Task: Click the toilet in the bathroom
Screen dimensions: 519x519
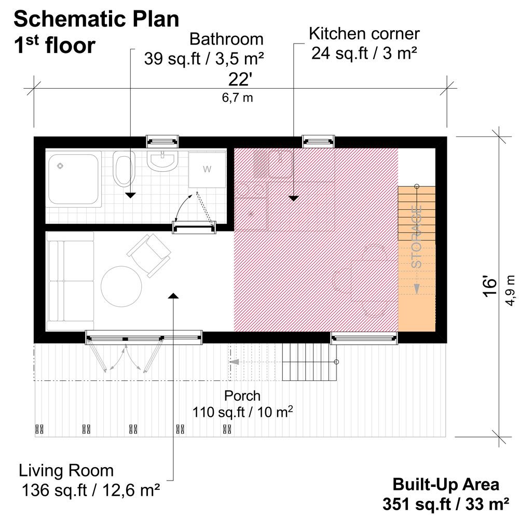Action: pyautogui.click(x=123, y=168)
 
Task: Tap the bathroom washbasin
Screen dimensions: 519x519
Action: pyautogui.click(x=162, y=160)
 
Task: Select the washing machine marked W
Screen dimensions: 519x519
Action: pyautogui.click(x=207, y=170)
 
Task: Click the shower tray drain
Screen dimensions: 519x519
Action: pyautogui.click(x=60, y=166)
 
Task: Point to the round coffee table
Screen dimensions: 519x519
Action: pyautogui.click(x=121, y=286)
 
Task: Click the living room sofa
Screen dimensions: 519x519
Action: pyautogui.click(x=70, y=281)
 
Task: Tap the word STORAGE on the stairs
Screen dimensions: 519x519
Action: pyautogui.click(x=417, y=237)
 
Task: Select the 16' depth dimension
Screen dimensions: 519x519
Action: pyautogui.click(x=490, y=286)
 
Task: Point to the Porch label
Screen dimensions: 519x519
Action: pyautogui.click(x=242, y=396)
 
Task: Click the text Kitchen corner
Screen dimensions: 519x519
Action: pyautogui.click(x=364, y=34)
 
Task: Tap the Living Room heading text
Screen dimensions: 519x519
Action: pyautogui.click(x=66, y=471)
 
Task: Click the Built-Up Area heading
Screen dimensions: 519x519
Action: pyautogui.click(x=446, y=485)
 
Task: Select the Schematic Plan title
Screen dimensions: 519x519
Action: pyautogui.click(x=97, y=19)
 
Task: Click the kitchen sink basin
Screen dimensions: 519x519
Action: pyautogui.click(x=280, y=164)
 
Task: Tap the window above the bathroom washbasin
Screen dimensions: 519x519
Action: pyautogui.click(x=162, y=141)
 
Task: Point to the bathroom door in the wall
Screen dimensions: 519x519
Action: pyautogui.click(x=194, y=227)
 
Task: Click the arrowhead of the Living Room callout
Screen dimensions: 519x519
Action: pyautogui.click(x=173, y=296)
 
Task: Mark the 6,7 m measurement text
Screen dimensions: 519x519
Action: pyautogui.click(x=237, y=98)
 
